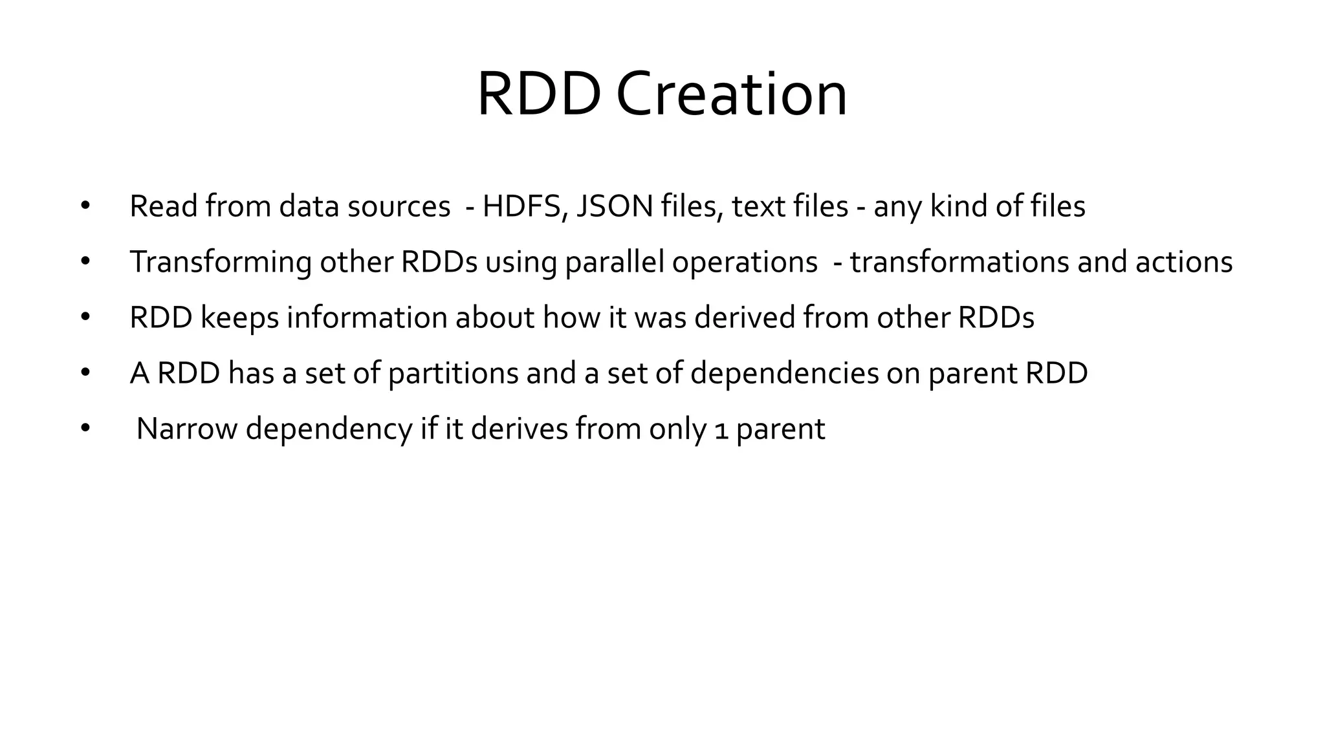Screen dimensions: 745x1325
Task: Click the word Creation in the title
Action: pos(731,95)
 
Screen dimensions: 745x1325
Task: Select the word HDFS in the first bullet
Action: pos(524,207)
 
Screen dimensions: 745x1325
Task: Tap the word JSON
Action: pos(614,207)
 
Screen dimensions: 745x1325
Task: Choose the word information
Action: pos(367,318)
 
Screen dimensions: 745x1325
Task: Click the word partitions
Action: pos(453,374)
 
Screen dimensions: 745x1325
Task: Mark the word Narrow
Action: pos(187,429)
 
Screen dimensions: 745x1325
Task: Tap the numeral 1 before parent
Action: pos(721,431)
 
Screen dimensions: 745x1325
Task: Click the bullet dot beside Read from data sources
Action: pos(85,207)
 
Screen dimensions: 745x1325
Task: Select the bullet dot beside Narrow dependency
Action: pos(85,429)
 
